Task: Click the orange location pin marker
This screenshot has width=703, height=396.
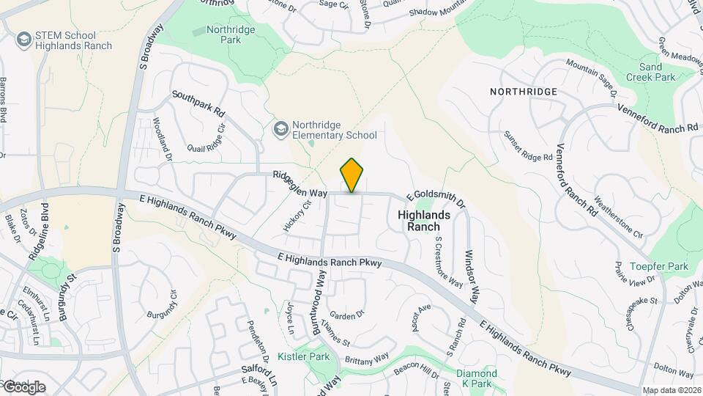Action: (x=352, y=175)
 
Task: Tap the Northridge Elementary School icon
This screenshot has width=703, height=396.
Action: (x=280, y=129)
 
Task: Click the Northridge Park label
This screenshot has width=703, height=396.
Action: (x=224, y=34)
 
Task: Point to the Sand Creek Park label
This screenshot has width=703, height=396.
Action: (x=651, y=71)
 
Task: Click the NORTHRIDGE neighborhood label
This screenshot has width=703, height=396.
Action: (x=524, y=92)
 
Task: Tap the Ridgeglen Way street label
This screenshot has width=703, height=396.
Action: (x=300, y=184)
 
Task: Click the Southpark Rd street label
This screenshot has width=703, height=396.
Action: (x=198, y=104)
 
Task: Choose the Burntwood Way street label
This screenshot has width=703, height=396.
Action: (x=319, y=302)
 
